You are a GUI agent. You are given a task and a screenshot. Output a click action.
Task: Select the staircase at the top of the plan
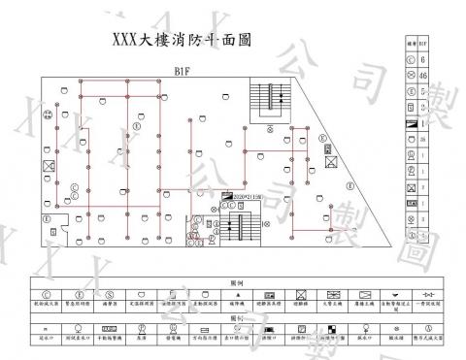268,100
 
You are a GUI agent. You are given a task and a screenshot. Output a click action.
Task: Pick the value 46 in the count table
424,75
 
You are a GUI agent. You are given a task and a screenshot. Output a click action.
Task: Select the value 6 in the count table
424,59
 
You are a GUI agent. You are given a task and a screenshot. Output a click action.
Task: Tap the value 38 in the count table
424,139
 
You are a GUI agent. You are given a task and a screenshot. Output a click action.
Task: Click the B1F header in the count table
424,44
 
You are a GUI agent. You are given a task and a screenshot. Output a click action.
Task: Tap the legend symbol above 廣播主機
364,293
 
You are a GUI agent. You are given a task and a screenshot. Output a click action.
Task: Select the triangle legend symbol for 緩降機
237,293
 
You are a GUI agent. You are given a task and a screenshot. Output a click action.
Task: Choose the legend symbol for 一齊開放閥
429,293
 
